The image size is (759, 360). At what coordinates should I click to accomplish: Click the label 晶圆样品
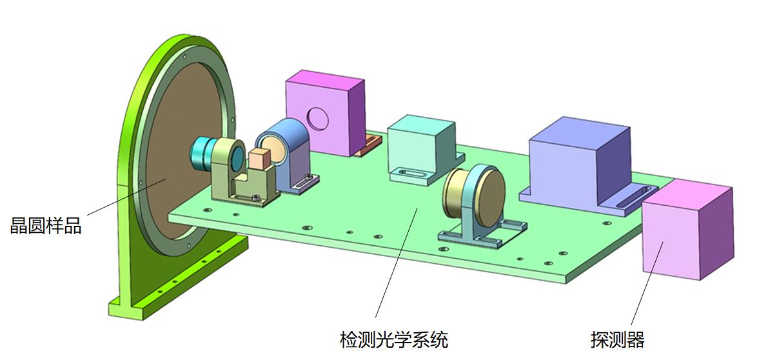pos(46,226)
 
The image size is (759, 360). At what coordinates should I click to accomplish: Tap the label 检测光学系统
pos(393,339)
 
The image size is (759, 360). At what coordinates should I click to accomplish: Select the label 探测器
pos(617,339)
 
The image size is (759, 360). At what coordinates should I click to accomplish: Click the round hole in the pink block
pos(317,118)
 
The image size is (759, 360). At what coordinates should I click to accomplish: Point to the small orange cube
pos(261,159)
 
